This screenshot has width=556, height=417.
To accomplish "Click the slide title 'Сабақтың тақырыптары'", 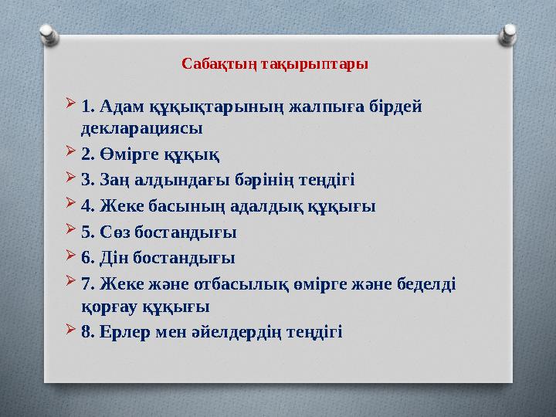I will [x=275, y=63].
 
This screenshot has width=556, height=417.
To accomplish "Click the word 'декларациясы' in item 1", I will [x=141, y=127].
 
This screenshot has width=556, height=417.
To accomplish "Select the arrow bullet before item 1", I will [x=71, y=103].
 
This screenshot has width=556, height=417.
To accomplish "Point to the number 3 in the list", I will [x=84, y=180].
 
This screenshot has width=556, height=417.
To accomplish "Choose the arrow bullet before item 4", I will [x=71, y=205].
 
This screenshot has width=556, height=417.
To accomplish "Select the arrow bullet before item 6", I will [x=71, y=256].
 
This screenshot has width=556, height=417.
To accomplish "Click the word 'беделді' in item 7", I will [x=425, y=283].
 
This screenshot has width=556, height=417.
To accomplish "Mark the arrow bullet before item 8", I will [x=71, y=331].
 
